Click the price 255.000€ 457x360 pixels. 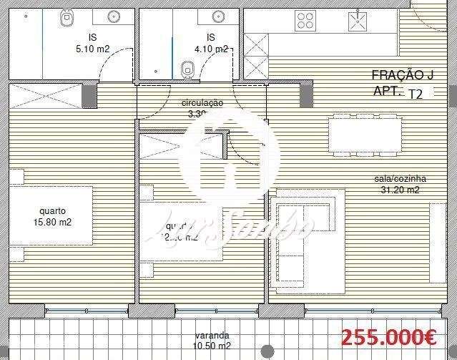[x=389, y=336]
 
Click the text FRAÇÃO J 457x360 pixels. [x=403, y=75]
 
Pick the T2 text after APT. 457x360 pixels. [x=415, y=93]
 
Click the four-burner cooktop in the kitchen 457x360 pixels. [x=306, y=21]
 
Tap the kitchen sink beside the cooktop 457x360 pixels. [x=356, y=22]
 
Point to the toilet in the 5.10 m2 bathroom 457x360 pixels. [x=67, y=18]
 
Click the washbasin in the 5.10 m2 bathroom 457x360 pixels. [x=113, y=15]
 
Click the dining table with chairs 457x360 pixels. [x=364, y=134]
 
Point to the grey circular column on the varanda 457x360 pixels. [x=267, y=351]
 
